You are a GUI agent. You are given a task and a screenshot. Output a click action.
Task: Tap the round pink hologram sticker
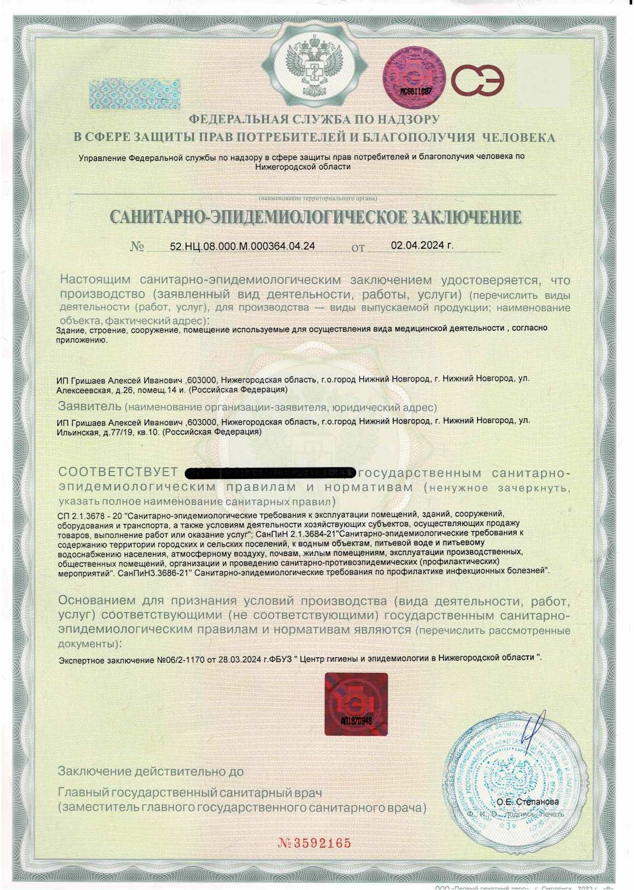[414, 78]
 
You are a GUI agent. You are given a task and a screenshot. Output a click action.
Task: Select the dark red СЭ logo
[478, 80]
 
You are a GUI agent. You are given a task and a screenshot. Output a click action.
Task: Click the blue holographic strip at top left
[134, 94]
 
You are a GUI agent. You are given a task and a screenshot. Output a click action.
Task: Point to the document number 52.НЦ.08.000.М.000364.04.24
[242, 246]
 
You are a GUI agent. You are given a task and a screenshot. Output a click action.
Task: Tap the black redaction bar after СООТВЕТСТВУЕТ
[269, 472]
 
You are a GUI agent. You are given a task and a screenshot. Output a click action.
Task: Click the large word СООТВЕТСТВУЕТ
[118, 472]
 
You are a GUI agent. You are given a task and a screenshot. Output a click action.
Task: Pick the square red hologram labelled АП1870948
[356, 704]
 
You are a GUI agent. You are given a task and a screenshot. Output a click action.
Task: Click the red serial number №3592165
[315, 843]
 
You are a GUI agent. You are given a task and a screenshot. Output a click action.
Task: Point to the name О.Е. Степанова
[527, 802]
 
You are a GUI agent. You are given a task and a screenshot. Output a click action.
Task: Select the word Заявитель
[89, 406]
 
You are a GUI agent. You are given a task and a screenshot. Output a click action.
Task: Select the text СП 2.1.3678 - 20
[90, 516]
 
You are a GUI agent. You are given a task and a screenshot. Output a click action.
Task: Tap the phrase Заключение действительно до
[151, 771]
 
